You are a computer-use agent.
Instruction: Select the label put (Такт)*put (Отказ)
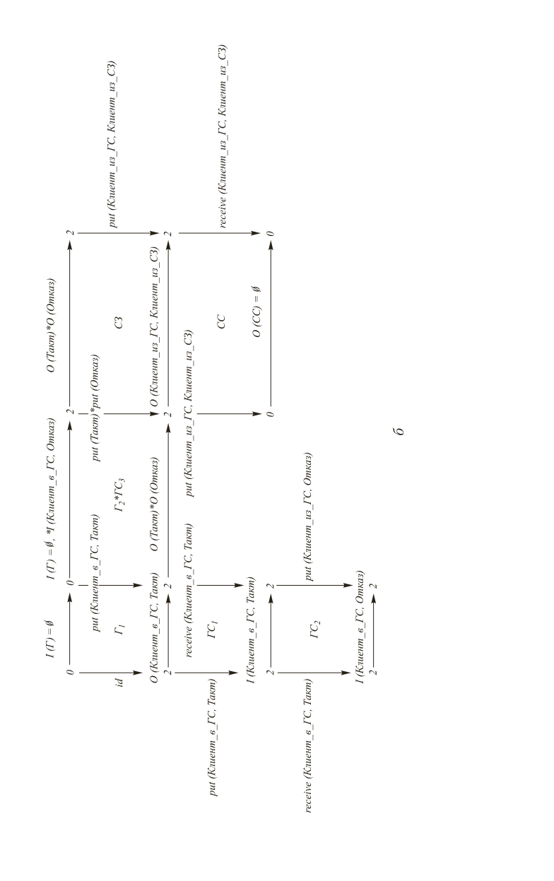click(x=96, y=412)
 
